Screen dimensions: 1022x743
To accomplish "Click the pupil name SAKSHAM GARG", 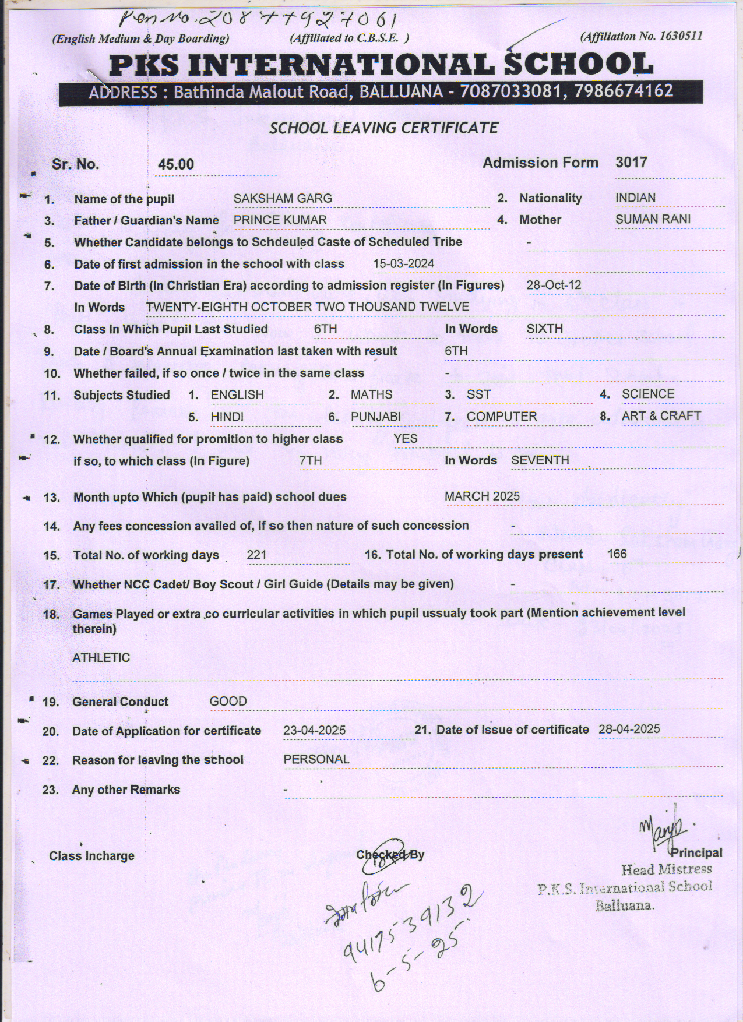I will [283, 199].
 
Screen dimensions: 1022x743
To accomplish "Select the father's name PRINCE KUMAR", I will [280, 220].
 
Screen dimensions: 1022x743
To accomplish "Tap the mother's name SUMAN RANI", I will [653, 220].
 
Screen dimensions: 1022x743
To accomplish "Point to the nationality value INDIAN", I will [635, 198].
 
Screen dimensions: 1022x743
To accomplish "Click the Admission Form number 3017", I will [631, 163].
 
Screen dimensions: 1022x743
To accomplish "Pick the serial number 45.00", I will [176, 165].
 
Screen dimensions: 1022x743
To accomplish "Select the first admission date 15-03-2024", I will [403, 264].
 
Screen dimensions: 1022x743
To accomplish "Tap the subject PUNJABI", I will [375, 417].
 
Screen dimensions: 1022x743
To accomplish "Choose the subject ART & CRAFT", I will [661, 416].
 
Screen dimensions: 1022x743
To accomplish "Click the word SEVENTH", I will [540, 460].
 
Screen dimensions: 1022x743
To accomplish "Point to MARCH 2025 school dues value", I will [482, 496].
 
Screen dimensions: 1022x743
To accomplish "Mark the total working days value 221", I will [256, 555].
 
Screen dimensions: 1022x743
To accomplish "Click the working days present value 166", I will [617, 554].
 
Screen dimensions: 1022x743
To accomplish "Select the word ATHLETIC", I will [101, 658].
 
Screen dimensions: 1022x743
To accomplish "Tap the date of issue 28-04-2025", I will [629, 730].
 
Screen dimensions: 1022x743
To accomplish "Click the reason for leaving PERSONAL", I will [316, 760].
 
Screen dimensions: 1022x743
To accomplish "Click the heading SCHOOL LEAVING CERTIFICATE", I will [383, 128].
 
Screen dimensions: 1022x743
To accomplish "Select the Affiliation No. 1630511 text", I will [642, 36].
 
